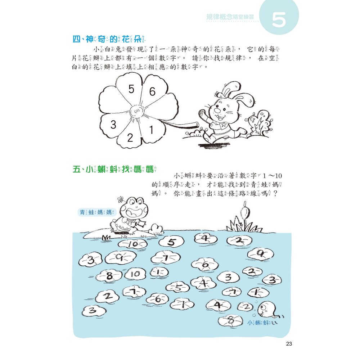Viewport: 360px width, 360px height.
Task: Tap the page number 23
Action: [x=289, y=344]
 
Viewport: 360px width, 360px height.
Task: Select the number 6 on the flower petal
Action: [x=152, y=92]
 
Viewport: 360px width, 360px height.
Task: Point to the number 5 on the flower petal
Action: [x=131, y=89]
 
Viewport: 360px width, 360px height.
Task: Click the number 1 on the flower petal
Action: [x=152, y=129]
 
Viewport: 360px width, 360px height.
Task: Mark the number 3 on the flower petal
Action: [x=113, y=125]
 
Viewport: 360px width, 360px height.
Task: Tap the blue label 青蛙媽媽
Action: [x=96, y=212]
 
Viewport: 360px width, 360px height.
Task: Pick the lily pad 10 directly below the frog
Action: [x=133, y=244]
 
